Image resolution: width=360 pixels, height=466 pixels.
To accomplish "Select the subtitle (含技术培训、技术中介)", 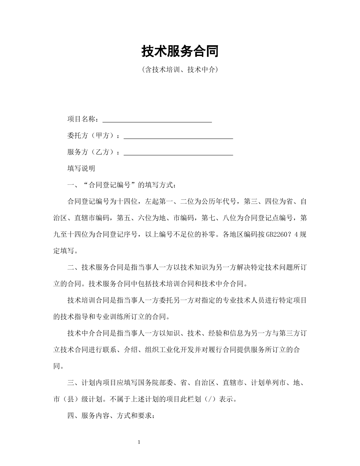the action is coord(180,70).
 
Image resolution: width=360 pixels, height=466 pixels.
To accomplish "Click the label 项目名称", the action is coord(81,119).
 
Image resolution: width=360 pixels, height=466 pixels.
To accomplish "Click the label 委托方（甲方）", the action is coord(92,136).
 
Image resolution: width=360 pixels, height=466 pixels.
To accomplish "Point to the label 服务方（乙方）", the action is coord(92,152).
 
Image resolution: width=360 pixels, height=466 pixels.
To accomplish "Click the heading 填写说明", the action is coord(81,169).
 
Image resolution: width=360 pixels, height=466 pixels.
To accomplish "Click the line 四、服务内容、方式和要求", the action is coord(111,416).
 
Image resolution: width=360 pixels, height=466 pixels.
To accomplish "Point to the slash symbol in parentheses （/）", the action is coord(209,400).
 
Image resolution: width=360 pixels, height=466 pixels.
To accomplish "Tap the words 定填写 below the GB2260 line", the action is coord(64,251).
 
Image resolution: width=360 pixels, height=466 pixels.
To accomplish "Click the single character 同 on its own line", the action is coord(57,367).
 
